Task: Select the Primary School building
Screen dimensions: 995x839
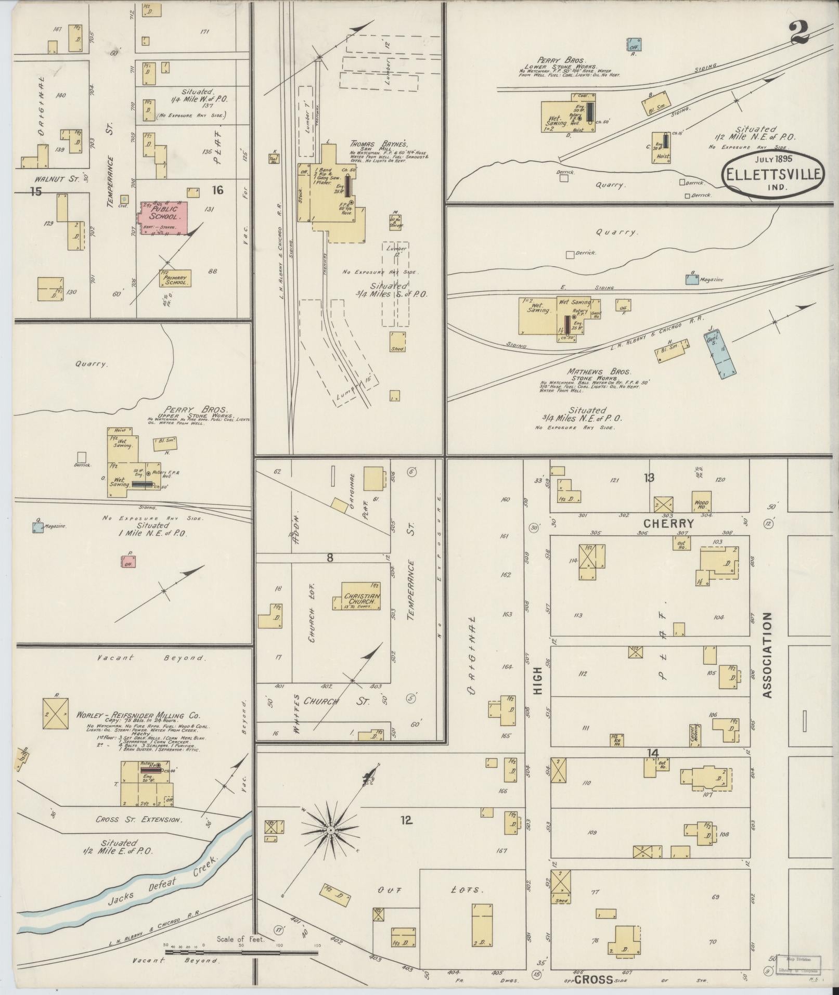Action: pos(175,279)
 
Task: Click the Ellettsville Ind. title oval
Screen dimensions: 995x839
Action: pos(773,176)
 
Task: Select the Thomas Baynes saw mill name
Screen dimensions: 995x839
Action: pos(379,145)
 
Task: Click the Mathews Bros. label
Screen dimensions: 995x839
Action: pos(592,372)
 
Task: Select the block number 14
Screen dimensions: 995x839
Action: pos(652,752)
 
